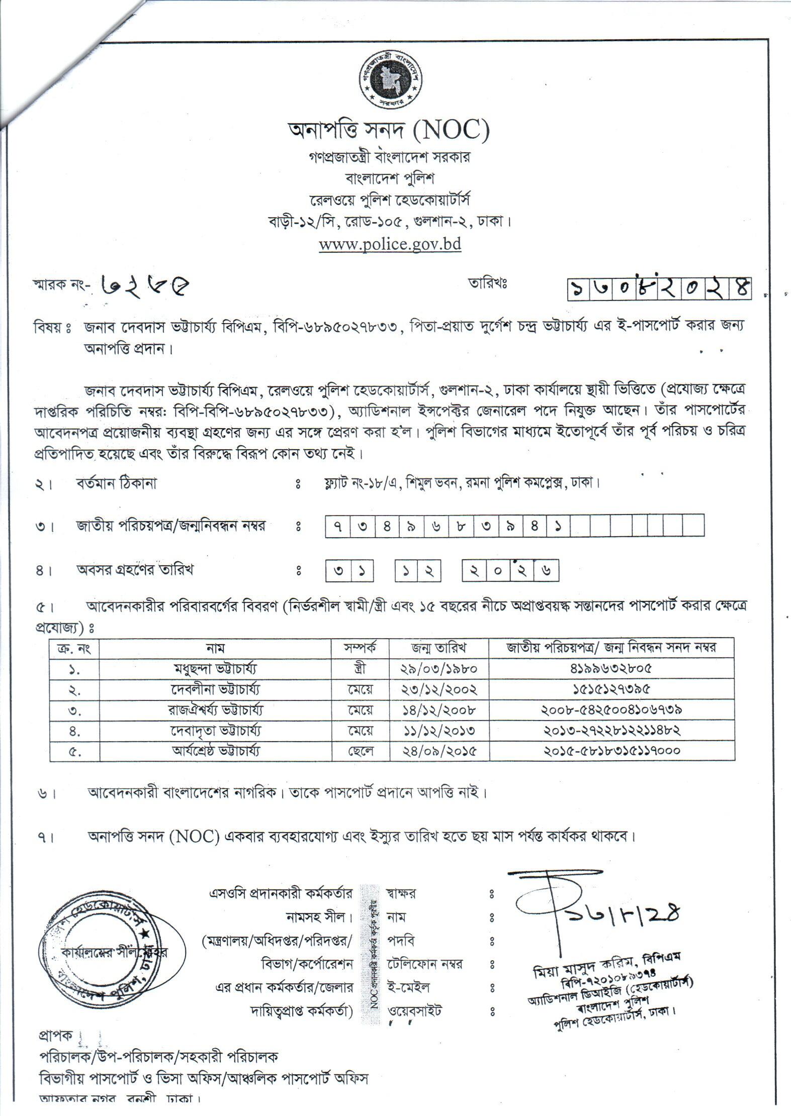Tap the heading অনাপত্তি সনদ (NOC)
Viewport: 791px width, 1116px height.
click(388, 131)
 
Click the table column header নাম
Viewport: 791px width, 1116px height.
click(215, 648)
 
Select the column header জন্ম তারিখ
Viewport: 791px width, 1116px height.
click(439, 648)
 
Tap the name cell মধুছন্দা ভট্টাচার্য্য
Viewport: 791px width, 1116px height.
click(215, 669)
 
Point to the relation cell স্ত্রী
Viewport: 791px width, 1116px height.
click(360, 669)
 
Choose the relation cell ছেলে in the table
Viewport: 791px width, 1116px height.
click(360, 751)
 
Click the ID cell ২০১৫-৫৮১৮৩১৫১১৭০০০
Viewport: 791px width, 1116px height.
click(611, 751)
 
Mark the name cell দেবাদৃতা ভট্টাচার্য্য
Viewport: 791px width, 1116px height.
click(215, 731)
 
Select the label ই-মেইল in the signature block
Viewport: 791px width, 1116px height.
click(408, 987)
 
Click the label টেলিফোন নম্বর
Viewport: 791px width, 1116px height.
click(424, 964)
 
